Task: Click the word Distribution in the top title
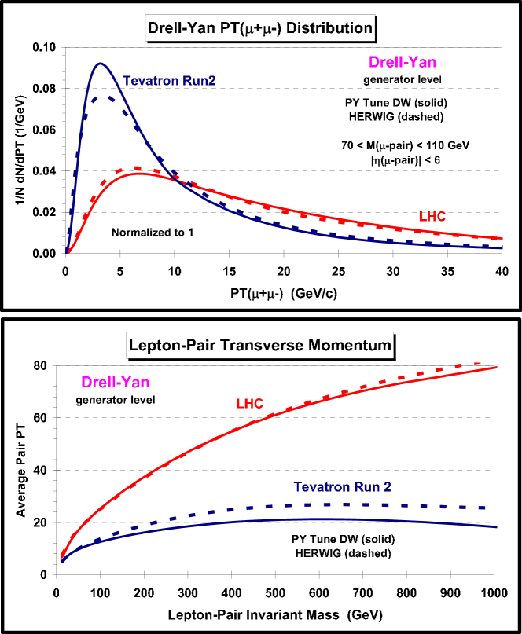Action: click(x=331, y=29)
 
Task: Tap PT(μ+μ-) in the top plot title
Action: click(x=248, y=29)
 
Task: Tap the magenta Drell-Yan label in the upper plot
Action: click(x=402, y=62)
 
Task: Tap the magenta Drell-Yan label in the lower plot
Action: click(x=116, y=383)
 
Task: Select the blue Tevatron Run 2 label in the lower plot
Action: click(x=343, y=487)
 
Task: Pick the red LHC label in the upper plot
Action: click(x=432, y=216)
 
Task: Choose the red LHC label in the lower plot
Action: click(x=250, y=404)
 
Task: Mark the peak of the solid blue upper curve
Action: click(x=101, y=64)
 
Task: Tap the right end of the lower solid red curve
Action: click(x=498, y=367)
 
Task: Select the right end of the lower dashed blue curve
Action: click(x=498, y=508)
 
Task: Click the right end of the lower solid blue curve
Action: click(x=498, y=527)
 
